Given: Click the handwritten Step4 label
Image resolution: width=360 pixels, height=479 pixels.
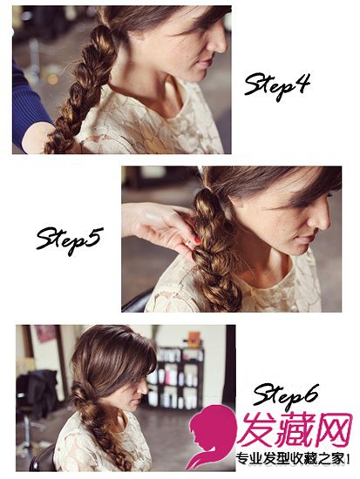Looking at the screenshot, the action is coord(277,85).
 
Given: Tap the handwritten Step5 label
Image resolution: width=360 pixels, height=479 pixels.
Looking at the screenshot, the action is coord(68,239).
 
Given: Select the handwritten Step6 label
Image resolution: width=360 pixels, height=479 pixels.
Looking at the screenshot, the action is coord(285,395).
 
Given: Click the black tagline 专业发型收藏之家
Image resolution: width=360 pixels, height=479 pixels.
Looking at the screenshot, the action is coord(291,459).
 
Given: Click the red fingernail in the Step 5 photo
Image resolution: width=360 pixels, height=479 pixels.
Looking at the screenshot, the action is coord(197,240).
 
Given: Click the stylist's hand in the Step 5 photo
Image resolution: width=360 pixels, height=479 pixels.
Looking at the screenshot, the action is coord(159,226).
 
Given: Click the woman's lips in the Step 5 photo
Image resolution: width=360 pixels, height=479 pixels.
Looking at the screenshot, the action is coord(307,238).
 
